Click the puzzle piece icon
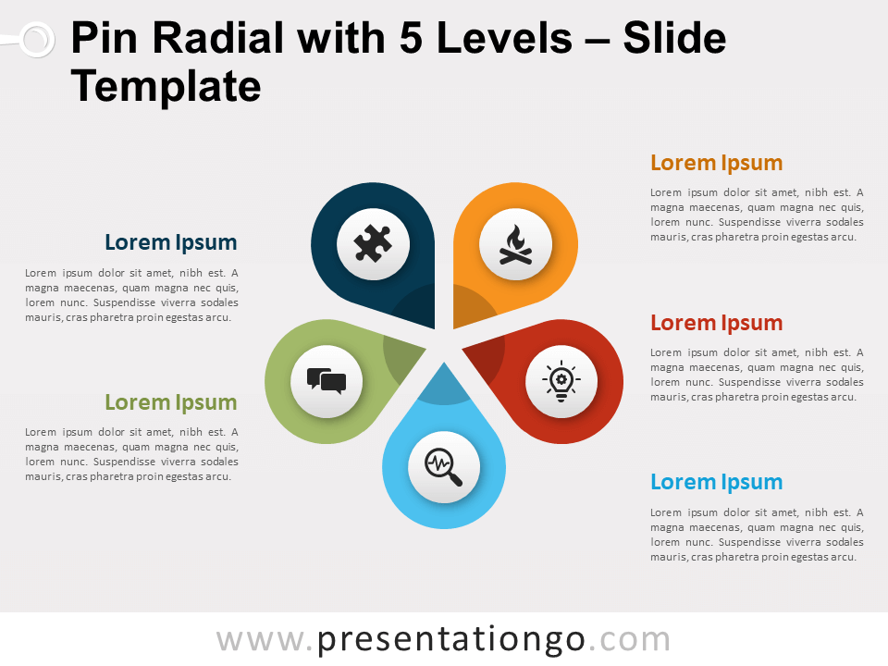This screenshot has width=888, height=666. tap(373, 245)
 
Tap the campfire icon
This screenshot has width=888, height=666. tap(515, 245)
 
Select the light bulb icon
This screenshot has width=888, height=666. tap(561, 381)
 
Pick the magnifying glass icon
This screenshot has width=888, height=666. tap(444, 466)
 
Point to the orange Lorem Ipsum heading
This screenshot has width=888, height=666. tap(716, 164)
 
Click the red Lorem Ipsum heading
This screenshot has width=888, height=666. tap(716, 323)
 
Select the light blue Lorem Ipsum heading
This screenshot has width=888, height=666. tap(716, 482)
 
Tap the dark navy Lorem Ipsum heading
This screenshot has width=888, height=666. tap(171, 243)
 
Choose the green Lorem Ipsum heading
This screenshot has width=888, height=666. tap(171, 402)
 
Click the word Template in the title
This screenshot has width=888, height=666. tap(166, 87)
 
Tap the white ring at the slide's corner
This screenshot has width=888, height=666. tap(35, 39)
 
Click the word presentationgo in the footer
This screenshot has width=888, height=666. tap(451, 639)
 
